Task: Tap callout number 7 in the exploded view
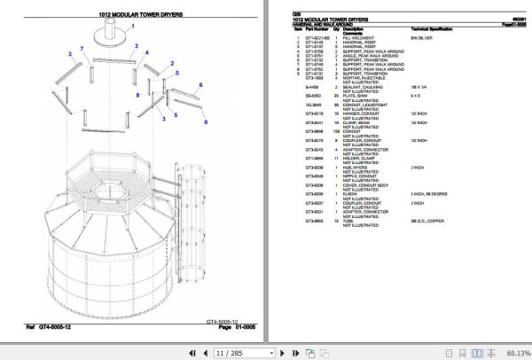pyautogui.click(x=82, y=48)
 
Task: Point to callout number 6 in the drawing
pyautogui.click(x=200, y=85)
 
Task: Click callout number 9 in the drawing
pyautogui.click(x=205, y=121)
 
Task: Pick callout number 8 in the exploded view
pyautogui.click(x=137, y=92)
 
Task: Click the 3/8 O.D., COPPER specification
pyautogui.click(x=429, y=221)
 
